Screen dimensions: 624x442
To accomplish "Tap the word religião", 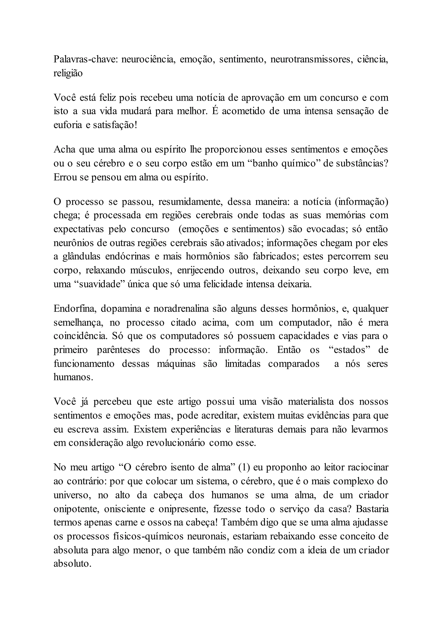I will click(68, 73).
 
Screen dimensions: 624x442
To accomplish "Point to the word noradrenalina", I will click(181, 309).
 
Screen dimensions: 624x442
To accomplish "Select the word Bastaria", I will click(372, 509).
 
